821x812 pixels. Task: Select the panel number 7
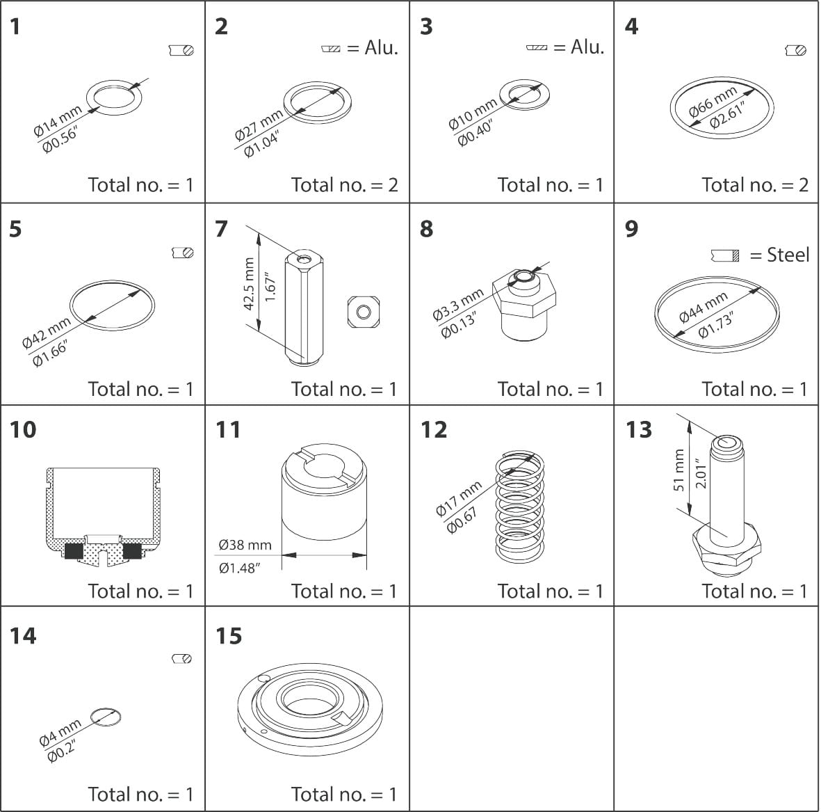point(221,228)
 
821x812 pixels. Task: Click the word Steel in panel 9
point(788,255)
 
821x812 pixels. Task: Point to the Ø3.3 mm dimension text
point(457,305)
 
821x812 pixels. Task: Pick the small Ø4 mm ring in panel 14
point(106,716)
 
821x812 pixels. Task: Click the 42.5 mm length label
point(250,284)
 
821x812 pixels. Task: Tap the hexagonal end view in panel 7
point(363,311)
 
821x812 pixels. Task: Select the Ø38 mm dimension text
point(245,545)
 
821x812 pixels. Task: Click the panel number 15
point(229,636)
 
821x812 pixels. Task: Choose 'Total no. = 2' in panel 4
point(755,185)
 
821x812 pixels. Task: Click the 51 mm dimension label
point(679,470)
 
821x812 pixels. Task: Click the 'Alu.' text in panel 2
point(381,48)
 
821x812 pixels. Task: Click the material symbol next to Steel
point(725,255)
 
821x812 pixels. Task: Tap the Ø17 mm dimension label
point(458,499)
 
